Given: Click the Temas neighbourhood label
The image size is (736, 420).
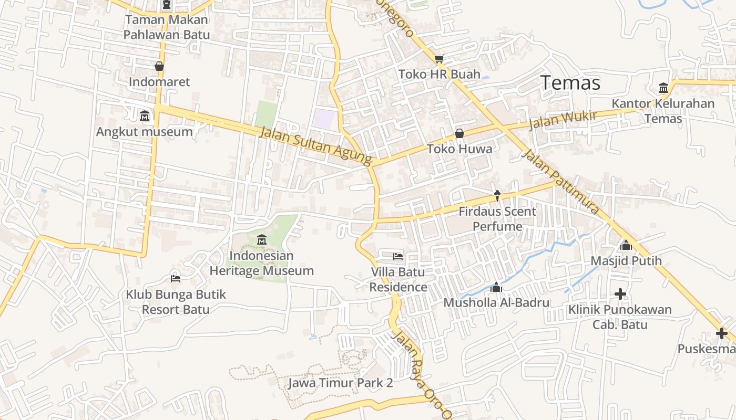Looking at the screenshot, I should [x=570, y=83].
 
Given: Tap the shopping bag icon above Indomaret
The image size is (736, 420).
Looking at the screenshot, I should [x=159, y=66].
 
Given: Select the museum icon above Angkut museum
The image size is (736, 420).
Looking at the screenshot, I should [x=145, y=115].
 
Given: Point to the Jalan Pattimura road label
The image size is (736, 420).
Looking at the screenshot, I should [x=561, y=182].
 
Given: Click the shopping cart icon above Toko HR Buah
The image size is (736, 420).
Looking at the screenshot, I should [x=439, y=59].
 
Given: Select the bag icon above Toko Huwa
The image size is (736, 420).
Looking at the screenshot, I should [x=459, y=133].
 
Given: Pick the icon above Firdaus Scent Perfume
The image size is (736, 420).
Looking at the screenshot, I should [x=497, y=196].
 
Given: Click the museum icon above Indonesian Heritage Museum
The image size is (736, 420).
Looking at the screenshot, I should [x=262, y=240].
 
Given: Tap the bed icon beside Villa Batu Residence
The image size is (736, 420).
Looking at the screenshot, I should [x=398, y=256].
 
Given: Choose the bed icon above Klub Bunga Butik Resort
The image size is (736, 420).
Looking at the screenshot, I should [x=176, y=278].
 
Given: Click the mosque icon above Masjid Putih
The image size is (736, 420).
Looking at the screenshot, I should [x=626, y=245].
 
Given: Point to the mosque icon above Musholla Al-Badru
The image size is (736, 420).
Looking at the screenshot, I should [x=496, y=287].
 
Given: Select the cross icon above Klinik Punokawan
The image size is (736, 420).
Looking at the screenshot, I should [x=620, y=294].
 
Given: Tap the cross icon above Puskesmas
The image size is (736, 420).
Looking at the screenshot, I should [x=721, y=333].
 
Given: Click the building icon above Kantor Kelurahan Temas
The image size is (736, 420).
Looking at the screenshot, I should [x=663, y=88].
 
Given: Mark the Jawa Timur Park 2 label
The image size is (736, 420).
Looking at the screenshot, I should [x=340, y=383].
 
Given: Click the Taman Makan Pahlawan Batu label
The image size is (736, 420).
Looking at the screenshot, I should [x=166, y=27].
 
